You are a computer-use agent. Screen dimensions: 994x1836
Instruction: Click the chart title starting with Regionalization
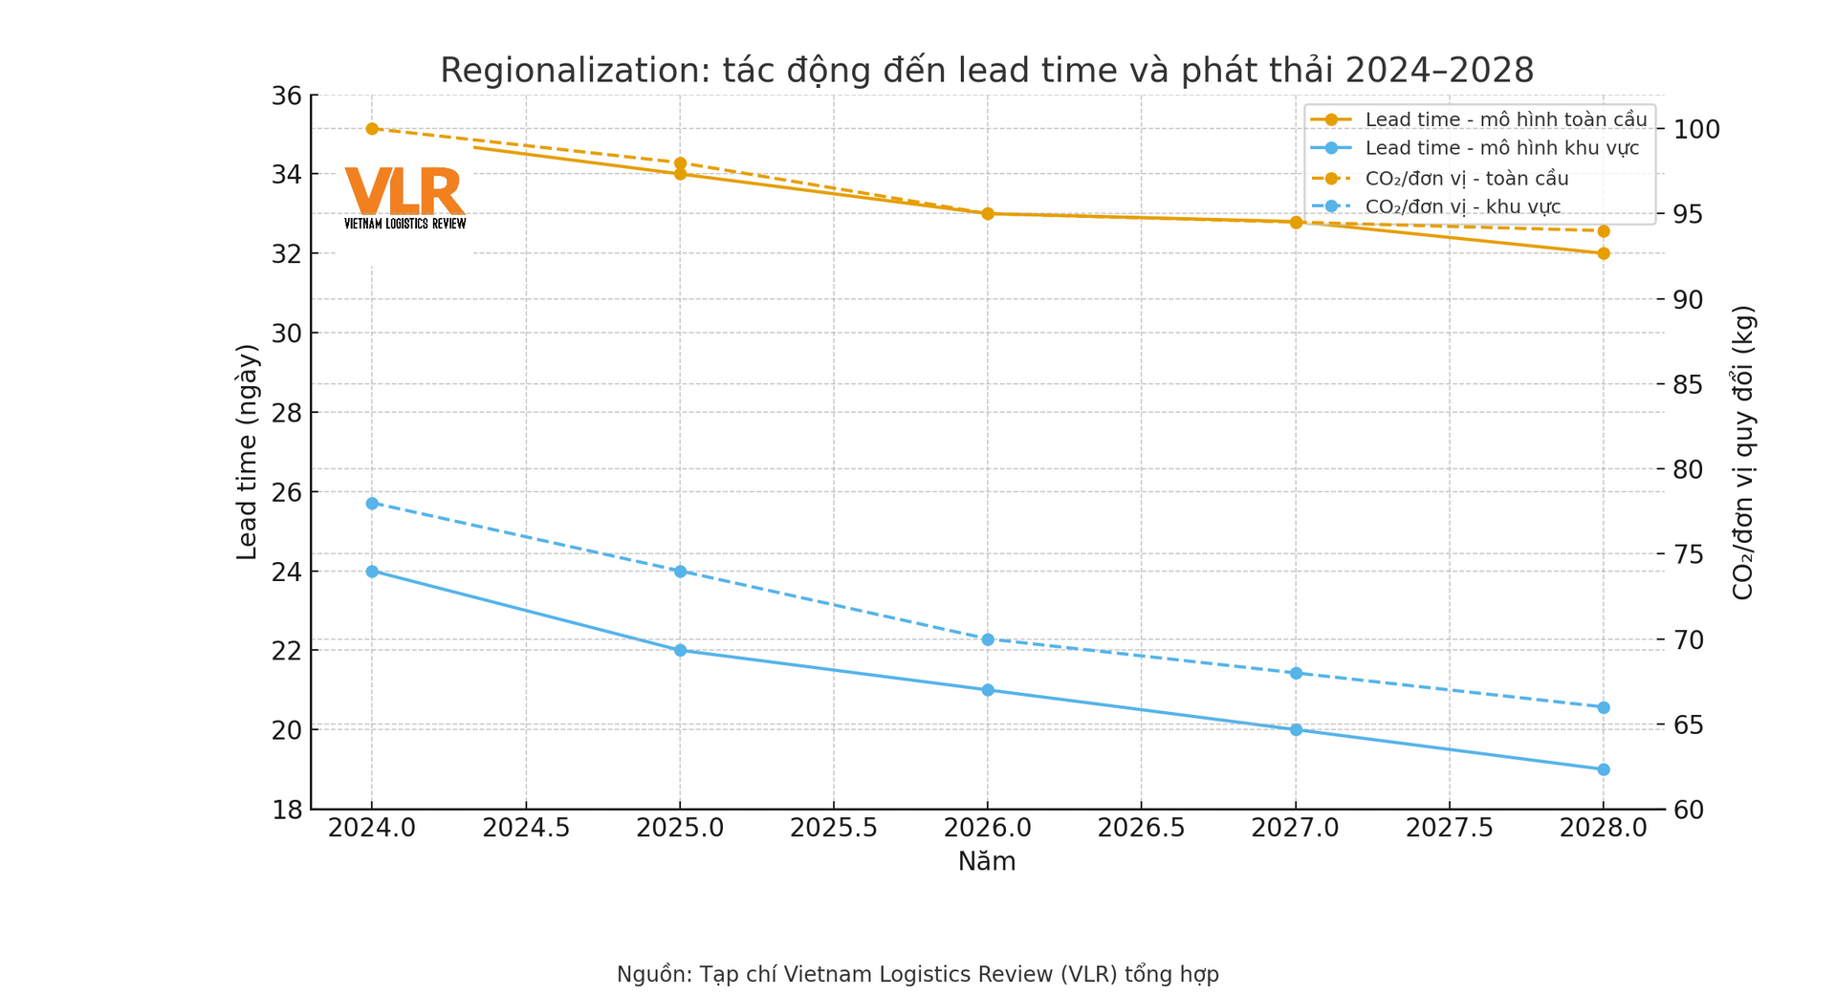click(x=986, y=71)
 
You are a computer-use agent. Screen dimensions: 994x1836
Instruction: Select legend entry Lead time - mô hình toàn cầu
click(x=1505, y=119)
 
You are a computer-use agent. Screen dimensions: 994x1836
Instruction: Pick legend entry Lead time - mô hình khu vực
click(x=1501, y=148)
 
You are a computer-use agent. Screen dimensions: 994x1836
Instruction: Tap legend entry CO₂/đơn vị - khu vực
click(x=1462, y=207)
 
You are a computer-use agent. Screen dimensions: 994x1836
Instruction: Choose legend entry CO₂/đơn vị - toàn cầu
click(x=1466, y=179)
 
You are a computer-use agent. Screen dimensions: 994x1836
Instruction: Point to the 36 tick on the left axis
click(x=286, y=96)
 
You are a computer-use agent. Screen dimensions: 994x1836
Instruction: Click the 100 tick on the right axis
click(x=1695, y=129)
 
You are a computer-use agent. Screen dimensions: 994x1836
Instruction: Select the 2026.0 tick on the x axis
click(x=988, y=828)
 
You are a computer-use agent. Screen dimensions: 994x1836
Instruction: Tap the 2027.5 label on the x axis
click(x=1450, y=828)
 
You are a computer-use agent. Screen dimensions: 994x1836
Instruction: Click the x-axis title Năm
click(x=986, y=862)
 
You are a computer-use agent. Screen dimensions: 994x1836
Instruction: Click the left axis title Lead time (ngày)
click(x=247, y=452)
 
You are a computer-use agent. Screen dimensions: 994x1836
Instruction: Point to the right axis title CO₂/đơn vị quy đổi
click(x=1743, y=452)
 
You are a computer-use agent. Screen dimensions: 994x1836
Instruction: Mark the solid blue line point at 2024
click(x=372, y=572)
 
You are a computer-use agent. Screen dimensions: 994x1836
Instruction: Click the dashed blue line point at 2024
click(x=372, y=504)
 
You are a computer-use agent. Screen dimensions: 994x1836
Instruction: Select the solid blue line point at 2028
click(x=1604, y=769)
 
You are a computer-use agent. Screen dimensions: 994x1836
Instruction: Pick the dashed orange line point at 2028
click(x=1604, y=231)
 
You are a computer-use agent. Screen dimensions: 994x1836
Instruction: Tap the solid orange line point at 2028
click(x=1604, y=253)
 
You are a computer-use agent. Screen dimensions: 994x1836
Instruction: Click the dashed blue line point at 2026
click(x=988, y=639)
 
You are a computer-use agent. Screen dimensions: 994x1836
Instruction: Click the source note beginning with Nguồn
click(x=917, y=975)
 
